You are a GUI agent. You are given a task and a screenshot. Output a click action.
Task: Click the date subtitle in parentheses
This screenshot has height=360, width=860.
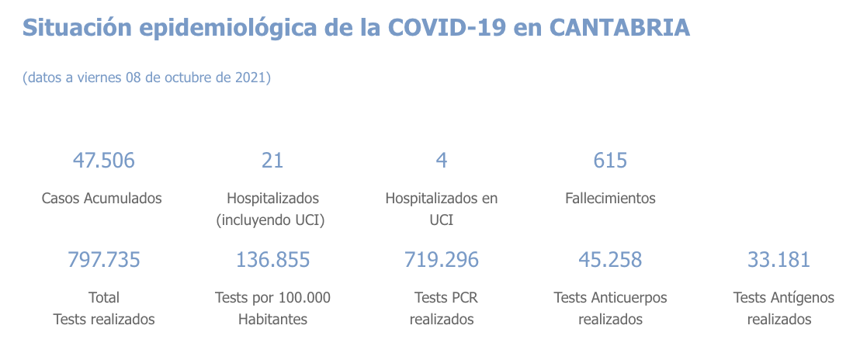click(x=147, y=78)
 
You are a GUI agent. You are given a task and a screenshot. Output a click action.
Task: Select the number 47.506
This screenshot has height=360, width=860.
click(x=103, y=161)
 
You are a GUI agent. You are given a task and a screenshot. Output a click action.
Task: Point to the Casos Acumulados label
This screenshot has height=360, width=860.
click(x=102, y=198)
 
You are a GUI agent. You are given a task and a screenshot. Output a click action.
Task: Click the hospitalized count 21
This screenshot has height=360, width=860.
click(x=272, y=161)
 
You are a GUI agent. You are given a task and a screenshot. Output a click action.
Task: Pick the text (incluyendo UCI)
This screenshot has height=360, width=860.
click(x=270, y=220)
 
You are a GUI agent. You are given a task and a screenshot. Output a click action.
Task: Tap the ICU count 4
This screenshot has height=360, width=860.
click(x=442, y=161)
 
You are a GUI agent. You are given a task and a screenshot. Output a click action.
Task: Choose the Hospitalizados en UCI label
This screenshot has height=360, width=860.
click(x=442, y=209)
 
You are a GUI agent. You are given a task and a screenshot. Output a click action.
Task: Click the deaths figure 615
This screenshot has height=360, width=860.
click(x=610, y=161)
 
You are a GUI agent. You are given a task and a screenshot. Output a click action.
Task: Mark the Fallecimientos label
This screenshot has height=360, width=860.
click(x=610, y=198)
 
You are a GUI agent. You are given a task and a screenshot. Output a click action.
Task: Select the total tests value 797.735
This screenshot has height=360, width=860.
click(x=104, y=260)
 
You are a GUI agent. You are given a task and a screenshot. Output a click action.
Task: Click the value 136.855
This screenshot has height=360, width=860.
click(x=272, y=260)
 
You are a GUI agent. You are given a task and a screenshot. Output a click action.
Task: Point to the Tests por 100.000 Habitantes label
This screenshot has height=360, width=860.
click(x=272, y=308)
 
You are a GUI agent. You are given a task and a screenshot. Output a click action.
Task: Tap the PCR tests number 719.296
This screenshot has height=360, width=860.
click(x=442, y=260)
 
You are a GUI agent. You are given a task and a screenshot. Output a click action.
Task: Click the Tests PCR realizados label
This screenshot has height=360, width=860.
click(x=442, y=308)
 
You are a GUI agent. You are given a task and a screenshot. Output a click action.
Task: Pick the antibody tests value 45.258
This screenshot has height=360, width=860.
click(x=610, y=260)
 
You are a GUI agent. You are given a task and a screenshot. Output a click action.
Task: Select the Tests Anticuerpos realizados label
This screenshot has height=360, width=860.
click(x=610, y=308)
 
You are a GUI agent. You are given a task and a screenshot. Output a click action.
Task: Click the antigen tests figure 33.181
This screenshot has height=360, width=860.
click(x=779, y=260)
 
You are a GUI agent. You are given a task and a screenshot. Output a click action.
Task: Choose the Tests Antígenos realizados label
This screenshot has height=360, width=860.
click(x=783, y=308)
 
